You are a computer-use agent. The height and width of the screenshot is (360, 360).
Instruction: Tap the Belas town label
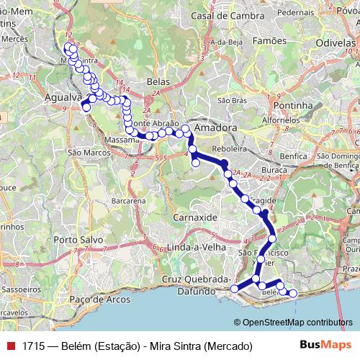click(x=157, y=81)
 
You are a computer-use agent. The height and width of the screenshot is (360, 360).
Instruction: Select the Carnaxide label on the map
click(x=194, y=217)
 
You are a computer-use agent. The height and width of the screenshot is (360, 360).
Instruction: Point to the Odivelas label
click(x=335, y=43)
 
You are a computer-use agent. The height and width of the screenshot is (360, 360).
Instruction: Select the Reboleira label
click(x=231, y=149)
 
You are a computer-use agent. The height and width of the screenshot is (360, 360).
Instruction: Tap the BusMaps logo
click(x=323, y=345)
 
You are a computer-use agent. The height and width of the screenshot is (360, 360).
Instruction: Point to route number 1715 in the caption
click(x=32, y=346)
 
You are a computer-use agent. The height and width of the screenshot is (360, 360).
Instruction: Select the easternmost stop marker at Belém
click(x=292, y=292)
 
